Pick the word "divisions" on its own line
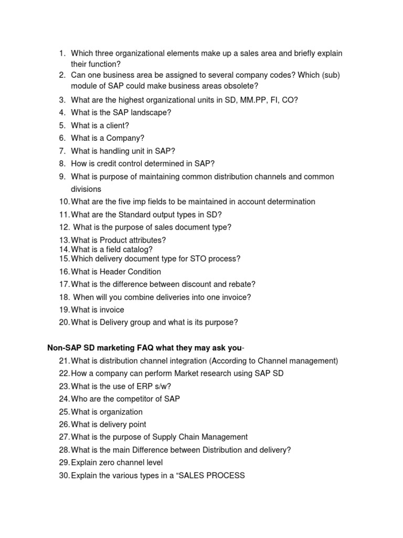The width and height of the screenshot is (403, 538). (86, 189)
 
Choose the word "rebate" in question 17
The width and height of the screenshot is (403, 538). (241, 284)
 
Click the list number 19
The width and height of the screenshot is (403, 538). (64, 310)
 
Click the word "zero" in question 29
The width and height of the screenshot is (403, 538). (108, 463)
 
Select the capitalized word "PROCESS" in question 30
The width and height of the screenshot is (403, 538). (224, 475)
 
